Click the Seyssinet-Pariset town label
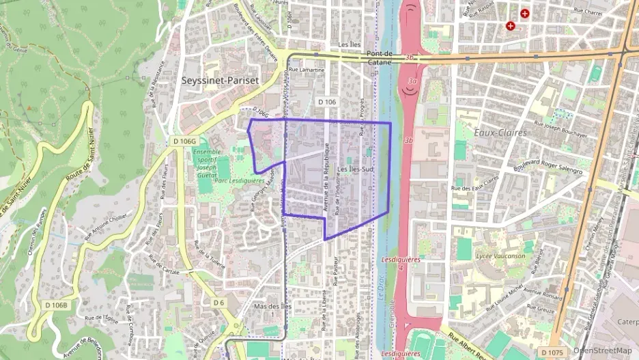pos(221,80)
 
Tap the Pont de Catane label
pos(380,57)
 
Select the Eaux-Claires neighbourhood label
pos(500,132)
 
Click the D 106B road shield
pos(56,304)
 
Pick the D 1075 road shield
pos(552,352)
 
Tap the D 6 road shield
pos(218,302)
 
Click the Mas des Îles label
pos(272,306)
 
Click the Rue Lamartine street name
pos(307,70)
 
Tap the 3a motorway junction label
pos(412,81)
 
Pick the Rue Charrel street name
pos(586,11)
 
